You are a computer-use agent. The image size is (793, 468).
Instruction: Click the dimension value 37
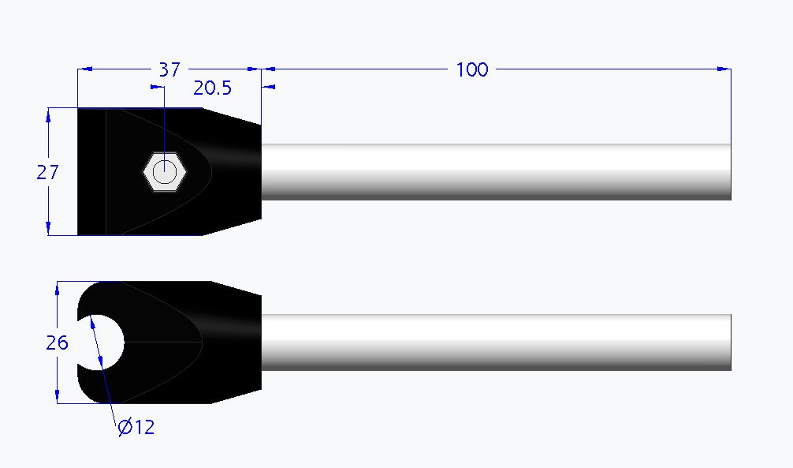point(169,69)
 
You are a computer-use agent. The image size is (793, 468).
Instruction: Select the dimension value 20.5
point(213,88)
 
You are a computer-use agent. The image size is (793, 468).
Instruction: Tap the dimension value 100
point(472,69)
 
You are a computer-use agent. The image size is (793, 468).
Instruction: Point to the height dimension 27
point(47,172)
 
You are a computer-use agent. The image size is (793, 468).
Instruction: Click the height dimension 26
point(57,343)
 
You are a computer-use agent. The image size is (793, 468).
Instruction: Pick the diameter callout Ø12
point(136,428)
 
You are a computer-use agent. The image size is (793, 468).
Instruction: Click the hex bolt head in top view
point(165,171)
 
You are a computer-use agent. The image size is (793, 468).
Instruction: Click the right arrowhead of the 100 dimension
point(724,69)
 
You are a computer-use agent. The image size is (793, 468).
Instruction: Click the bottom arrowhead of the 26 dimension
point(58,398)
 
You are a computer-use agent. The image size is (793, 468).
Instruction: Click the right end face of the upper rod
point(730,171)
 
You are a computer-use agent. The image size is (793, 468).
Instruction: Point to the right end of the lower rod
point(730,342)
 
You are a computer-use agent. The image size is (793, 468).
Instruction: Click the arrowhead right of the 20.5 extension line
point(269,87)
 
